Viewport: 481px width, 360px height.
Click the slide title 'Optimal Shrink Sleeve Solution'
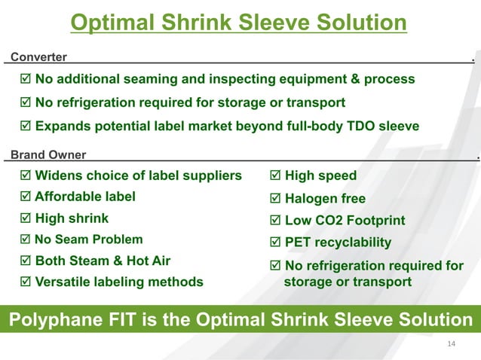point(239,23)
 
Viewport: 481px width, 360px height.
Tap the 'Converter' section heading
point(38,56)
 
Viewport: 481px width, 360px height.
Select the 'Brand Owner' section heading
point(48,155)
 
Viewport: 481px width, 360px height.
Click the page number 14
point(452,345)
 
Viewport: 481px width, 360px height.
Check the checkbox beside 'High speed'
point(275,176)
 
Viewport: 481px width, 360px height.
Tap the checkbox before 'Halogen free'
point(275,199)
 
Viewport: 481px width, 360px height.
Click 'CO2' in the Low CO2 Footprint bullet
point(327,221)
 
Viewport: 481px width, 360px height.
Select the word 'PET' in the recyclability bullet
point(299,243)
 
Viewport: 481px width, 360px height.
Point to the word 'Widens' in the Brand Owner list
point(60,176)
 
